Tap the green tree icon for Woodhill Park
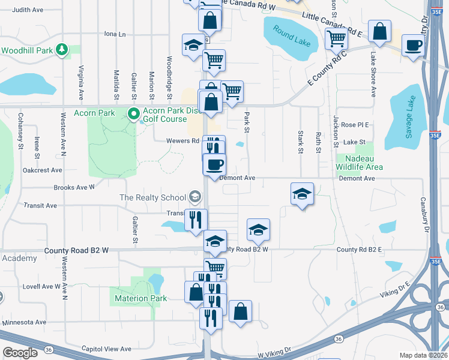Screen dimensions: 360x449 click(x=61, y=50)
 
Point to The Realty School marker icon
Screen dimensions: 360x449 click(x=194, y=197)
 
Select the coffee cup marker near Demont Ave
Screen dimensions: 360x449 click(x=214, y=165)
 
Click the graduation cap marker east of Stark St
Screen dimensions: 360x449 click(x=303, y=194)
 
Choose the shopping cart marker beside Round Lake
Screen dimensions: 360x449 click(x=337, y=40)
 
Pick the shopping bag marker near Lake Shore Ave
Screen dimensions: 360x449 click(x=379, y=32)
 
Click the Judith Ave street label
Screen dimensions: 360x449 click(x=28, y=10)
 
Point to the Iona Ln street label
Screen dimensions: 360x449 click(x=115, y=34)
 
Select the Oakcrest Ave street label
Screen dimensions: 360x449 click(x=39, y=169)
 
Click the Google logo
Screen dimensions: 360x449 click(x=20, y=353)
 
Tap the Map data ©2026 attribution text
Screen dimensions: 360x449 click(x=423, y=355)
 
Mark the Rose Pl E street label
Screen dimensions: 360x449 click(x=355, y=125)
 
